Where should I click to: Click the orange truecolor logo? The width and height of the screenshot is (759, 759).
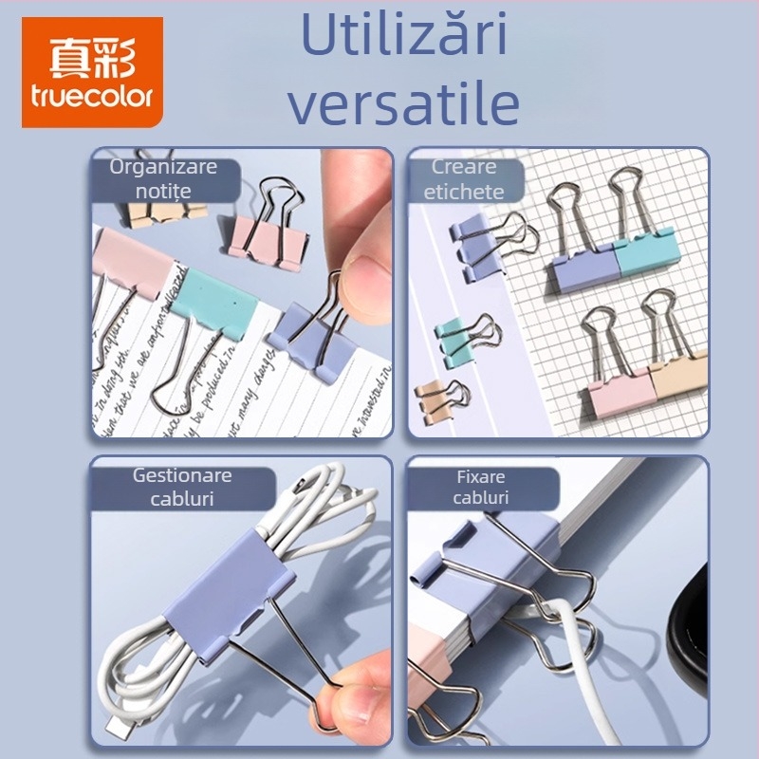pos(92,72)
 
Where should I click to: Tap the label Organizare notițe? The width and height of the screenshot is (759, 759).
pos(163,178)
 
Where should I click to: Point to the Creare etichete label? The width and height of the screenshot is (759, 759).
pos(464,178)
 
